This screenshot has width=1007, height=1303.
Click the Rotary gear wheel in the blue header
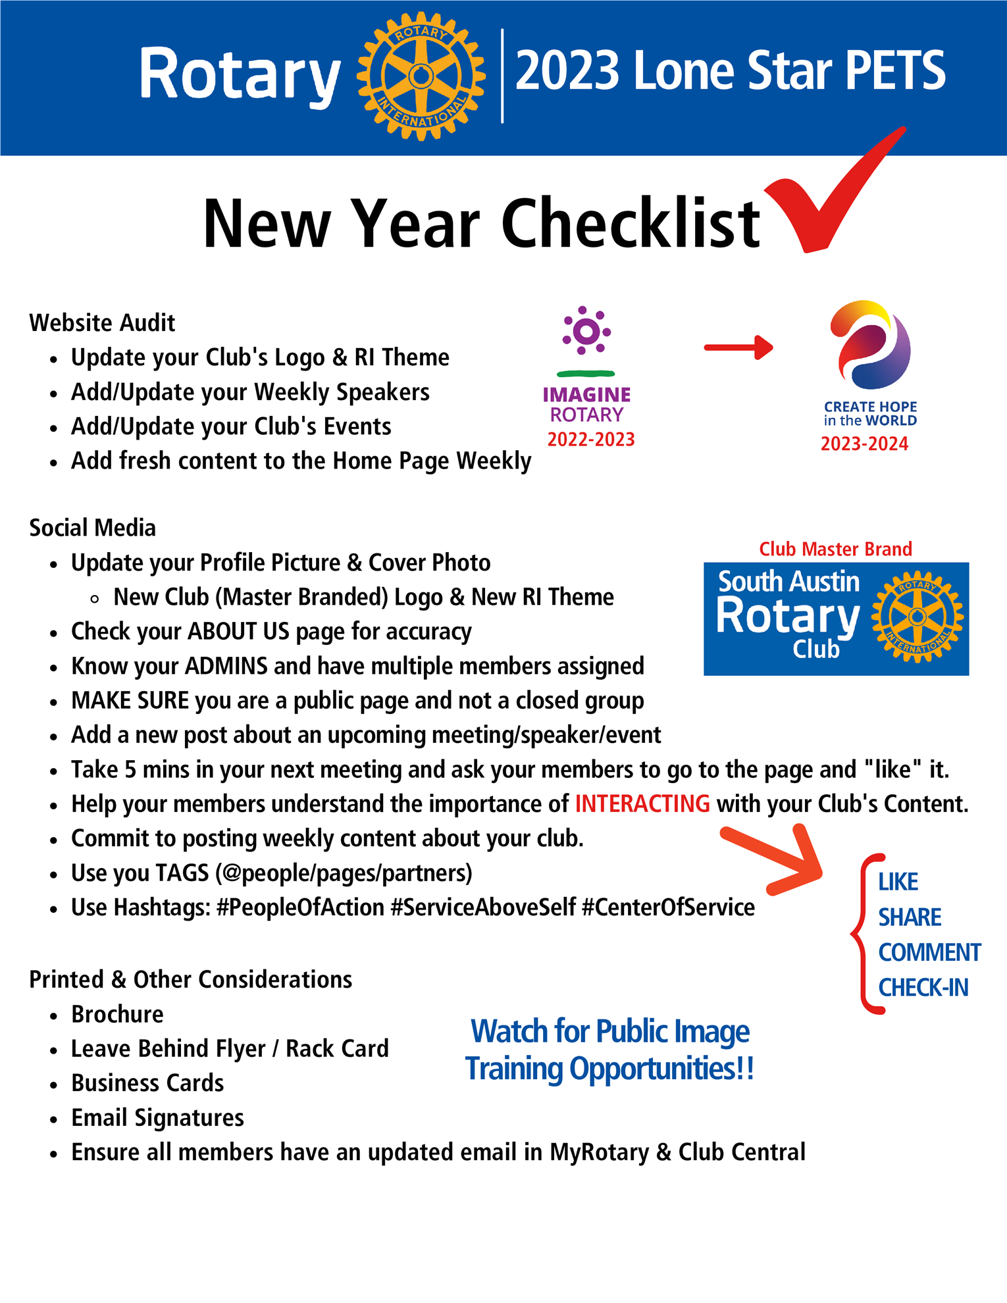(421, 76)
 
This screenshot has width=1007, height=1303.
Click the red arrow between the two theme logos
(738, 347)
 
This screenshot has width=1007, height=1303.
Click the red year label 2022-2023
(591, 440)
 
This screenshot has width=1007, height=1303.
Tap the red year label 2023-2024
(864, 444)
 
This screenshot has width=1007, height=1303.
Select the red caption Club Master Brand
(835, 549)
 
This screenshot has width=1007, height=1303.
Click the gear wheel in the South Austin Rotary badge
(917, 617)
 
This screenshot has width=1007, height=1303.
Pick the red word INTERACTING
(642, 804)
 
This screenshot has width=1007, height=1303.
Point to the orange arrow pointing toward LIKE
(777, 859)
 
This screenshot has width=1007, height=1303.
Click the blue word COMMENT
(929, 952)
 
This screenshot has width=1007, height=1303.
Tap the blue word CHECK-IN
(923, 988)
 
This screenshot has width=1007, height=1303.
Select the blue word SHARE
(910, 917)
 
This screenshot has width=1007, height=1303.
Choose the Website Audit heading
(102, 323)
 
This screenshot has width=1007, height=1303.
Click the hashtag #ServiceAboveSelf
(483, 907)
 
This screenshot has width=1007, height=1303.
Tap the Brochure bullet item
(117, 1014)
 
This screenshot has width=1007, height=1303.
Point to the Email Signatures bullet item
(157, 1117)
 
